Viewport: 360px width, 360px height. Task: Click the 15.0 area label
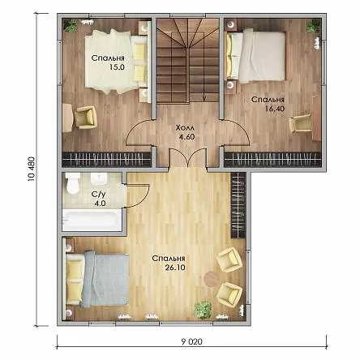[117, 67]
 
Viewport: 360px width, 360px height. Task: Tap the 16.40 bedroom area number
[275, 109]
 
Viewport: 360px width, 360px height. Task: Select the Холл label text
[185, 127]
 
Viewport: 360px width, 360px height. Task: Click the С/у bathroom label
[98, 195]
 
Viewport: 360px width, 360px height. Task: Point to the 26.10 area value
[175, 268]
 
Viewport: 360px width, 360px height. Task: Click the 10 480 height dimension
[32, 169]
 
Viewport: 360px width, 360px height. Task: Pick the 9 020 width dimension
[192, 341]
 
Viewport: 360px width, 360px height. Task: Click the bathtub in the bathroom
[92, 220]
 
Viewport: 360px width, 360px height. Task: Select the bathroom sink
[99, 179]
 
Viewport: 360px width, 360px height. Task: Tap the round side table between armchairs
[211, 278]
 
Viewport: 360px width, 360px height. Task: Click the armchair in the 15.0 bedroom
[85, 117]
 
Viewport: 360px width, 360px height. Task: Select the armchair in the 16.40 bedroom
[300, 124]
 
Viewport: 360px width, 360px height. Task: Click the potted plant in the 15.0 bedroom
[71, 26]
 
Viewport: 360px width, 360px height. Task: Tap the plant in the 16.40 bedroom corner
[313, 27]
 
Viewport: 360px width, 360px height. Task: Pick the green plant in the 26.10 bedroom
[203, 310]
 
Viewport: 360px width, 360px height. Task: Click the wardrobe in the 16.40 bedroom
[273, 160]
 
